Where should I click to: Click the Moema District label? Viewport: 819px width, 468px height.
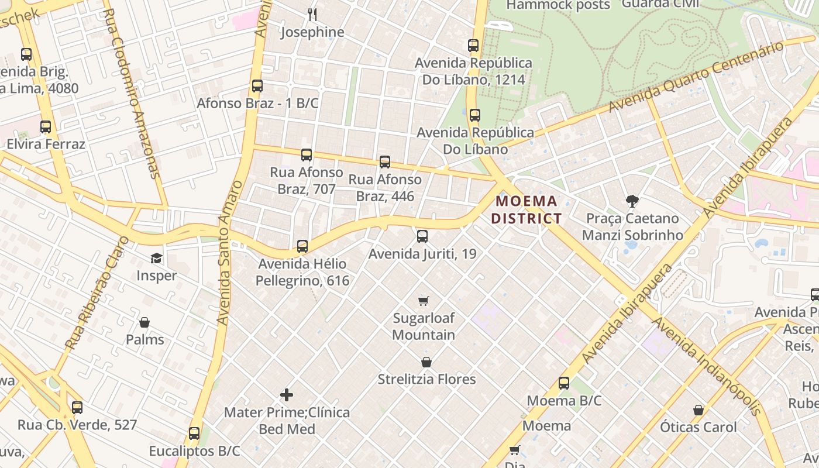pyautogui.click(x=526, y=210)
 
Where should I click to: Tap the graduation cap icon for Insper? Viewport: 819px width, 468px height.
pyautogui.click(x=156, y=258)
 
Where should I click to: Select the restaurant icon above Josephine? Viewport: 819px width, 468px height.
pyautogui.click(x=312, y=15)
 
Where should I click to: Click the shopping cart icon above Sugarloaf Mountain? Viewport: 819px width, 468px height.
pyautogui.click(x=424, y=301)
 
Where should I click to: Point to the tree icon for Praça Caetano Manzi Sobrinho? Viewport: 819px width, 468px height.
pyautogui.click(x=632, y=201)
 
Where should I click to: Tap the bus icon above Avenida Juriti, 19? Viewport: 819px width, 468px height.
pyautogui.click(x=422, y=236)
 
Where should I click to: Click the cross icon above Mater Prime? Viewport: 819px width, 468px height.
pyautogui.click(x=287, y=395)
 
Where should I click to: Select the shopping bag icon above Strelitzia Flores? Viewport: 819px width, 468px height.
pyautogui.click(x=426, y=362)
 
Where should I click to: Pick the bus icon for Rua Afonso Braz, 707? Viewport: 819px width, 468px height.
pyautogui.click(x=307, y=155)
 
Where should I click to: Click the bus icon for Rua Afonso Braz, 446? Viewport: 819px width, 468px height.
pyautogui.click(x=385, y=162)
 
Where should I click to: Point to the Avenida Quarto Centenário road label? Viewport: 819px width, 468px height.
pyautogui.click(x=696, y=77)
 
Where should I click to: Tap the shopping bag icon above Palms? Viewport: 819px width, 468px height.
pyautogui.click(x=144, y=322)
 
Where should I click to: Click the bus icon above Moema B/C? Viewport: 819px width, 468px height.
pyautogui.click(x=564, y=383)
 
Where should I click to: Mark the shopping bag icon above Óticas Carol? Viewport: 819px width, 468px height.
pyautogui.click(x=698, y=410)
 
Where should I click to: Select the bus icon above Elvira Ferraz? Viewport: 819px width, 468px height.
pyautogui.click(x=46, y=127)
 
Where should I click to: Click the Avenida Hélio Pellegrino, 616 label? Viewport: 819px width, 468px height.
pyautogui.click(x=302, y=272)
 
